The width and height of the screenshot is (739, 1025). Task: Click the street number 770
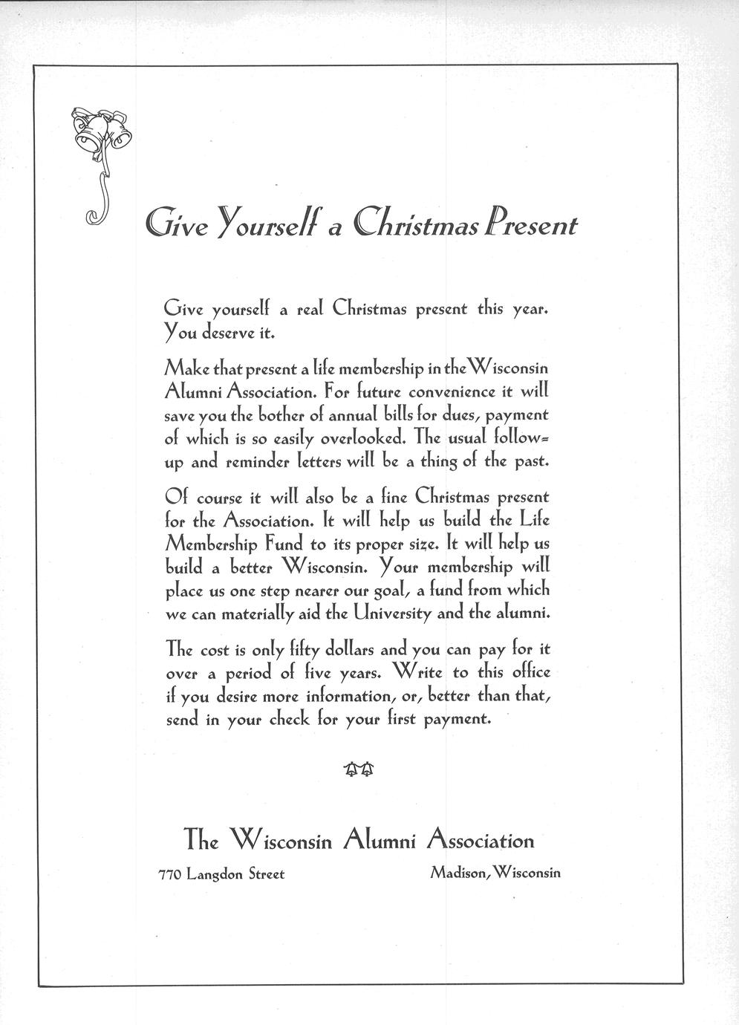pyautogui.click(x=170, y=874)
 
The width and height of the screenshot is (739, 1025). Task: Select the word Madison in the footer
pyautogui.click(x=457, y=873)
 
